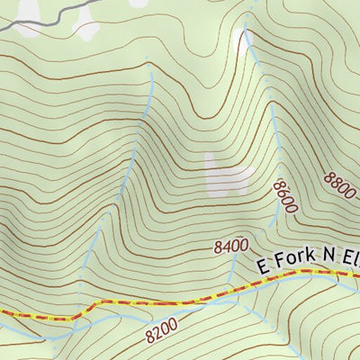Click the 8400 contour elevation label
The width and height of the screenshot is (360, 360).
tap(231, 245)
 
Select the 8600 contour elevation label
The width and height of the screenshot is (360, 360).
tap(284, 197)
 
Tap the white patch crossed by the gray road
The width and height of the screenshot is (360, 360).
tap(27, 11)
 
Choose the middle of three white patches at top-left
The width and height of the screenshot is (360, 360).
tap(87, 31)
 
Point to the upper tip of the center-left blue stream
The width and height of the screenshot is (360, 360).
tap(151, 72)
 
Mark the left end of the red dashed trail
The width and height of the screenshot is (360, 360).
tap(3, 311)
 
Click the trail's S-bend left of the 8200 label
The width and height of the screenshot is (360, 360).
tap(90, 309)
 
